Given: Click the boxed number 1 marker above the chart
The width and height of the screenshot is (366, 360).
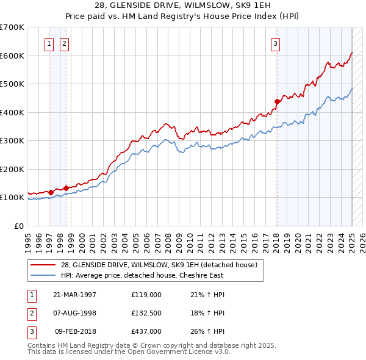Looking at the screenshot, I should pyautogui.click(x=49, y=43).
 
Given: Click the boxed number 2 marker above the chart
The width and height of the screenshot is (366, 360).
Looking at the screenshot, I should pyautogui.click(x=64, y=43).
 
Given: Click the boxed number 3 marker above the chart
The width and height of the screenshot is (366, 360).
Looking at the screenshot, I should pyautogui.click(x=276, y=43).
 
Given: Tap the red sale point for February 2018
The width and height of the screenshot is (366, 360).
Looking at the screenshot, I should pyautogui.click(x=277, y=101).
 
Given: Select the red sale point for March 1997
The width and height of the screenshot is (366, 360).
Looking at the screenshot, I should pyautogui.click(x=51, y=192).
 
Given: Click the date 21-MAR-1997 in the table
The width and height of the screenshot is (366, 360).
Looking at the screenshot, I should pyautogui.click(x=74, y=295).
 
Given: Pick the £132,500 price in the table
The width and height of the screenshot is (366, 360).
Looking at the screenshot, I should pyautogui.click(x=146, y=313).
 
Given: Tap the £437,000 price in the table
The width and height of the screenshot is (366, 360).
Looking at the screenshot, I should pyautogui.click(x=146, y=331).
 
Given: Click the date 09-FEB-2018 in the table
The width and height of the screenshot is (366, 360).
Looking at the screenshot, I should pyautogui.click(x=76, y=331).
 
